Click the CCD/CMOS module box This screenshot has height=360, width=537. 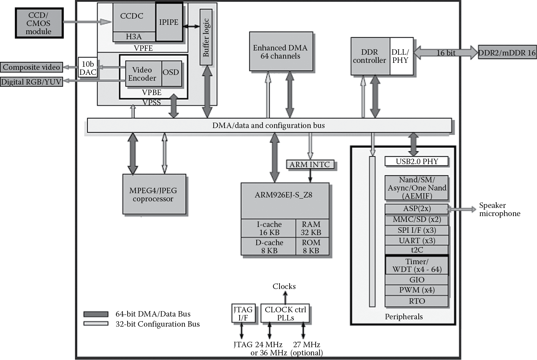(x=39, y=23)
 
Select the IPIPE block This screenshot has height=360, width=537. (x=169, y=22)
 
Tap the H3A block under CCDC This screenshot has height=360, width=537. (x=134, y=37)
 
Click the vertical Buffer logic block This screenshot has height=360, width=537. (x=206, y=37)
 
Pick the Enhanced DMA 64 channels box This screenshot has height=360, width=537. (x=280, y=52)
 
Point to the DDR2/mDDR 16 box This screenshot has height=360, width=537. (x=507, y=53)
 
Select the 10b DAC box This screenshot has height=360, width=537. (x=88, y=68)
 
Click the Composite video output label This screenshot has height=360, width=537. (x=31, y=67)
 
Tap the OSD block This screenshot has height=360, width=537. (x=171, y=73)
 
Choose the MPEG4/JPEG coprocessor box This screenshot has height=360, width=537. (x=154, y=194)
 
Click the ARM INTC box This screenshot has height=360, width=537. (x=309, y=165)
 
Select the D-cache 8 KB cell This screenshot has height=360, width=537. (x=269, y=246)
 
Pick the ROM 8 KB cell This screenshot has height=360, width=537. (x=311, y=246)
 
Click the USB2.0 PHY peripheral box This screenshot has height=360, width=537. (x=416, y=161)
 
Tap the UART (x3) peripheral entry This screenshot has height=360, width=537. (x=416, y=241)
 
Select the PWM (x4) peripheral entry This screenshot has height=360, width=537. (x=416, y=290)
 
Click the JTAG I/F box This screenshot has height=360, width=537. (x=243, y=313)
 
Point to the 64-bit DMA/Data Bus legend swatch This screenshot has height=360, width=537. (x=96, y=314)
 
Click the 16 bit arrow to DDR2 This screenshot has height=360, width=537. (x=445, y=53)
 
